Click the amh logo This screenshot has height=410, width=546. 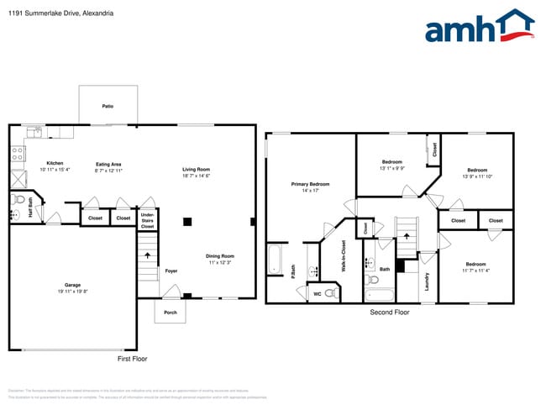click(x=479, y=28)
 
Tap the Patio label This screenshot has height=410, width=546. click(x=108, y=107)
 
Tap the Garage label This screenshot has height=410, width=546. click(x=73, y=287)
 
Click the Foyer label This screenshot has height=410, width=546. click(x=171, y=271)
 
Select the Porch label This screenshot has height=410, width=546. click(x=171, y=312)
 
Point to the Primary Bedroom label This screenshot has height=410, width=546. click(x=310, y=187)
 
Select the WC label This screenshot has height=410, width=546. click(x=317, y=294)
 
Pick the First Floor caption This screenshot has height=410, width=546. click(x=132, y=359)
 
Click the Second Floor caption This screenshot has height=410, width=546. click(x=390, y=312)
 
